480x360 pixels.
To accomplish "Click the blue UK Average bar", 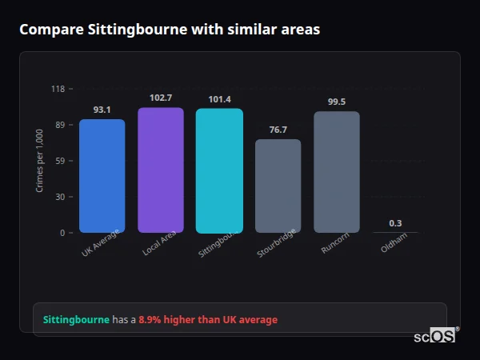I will click(x=102, y=176).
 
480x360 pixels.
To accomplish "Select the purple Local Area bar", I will click(x=161, y=170).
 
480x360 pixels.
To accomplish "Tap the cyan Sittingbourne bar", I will click(x=219, y=171).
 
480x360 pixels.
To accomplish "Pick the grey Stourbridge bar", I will click(x=278, y=186).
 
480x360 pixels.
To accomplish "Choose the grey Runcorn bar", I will click(x=337, y=172).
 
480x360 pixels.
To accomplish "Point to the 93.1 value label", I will click(x=102, y=110).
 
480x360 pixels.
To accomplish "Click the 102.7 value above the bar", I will click(x=161, y=98).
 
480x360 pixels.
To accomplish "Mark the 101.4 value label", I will click(x=219, y=99).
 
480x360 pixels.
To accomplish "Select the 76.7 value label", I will click(x=278, y=130).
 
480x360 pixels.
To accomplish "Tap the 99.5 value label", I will click(x=337, y=102).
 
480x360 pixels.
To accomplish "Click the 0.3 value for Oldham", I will click(x=395, y=223).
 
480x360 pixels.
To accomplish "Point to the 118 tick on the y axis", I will click(x=58, y=89).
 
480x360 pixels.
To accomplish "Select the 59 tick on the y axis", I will click(x=59, y=161).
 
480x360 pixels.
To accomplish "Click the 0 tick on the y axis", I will click(x=62, y=233).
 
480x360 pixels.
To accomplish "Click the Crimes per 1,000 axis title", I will click(x=40, y=161).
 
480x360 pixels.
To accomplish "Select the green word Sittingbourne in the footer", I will click(x=76, y=319).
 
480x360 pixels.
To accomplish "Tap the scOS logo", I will click(x=434, y=336).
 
